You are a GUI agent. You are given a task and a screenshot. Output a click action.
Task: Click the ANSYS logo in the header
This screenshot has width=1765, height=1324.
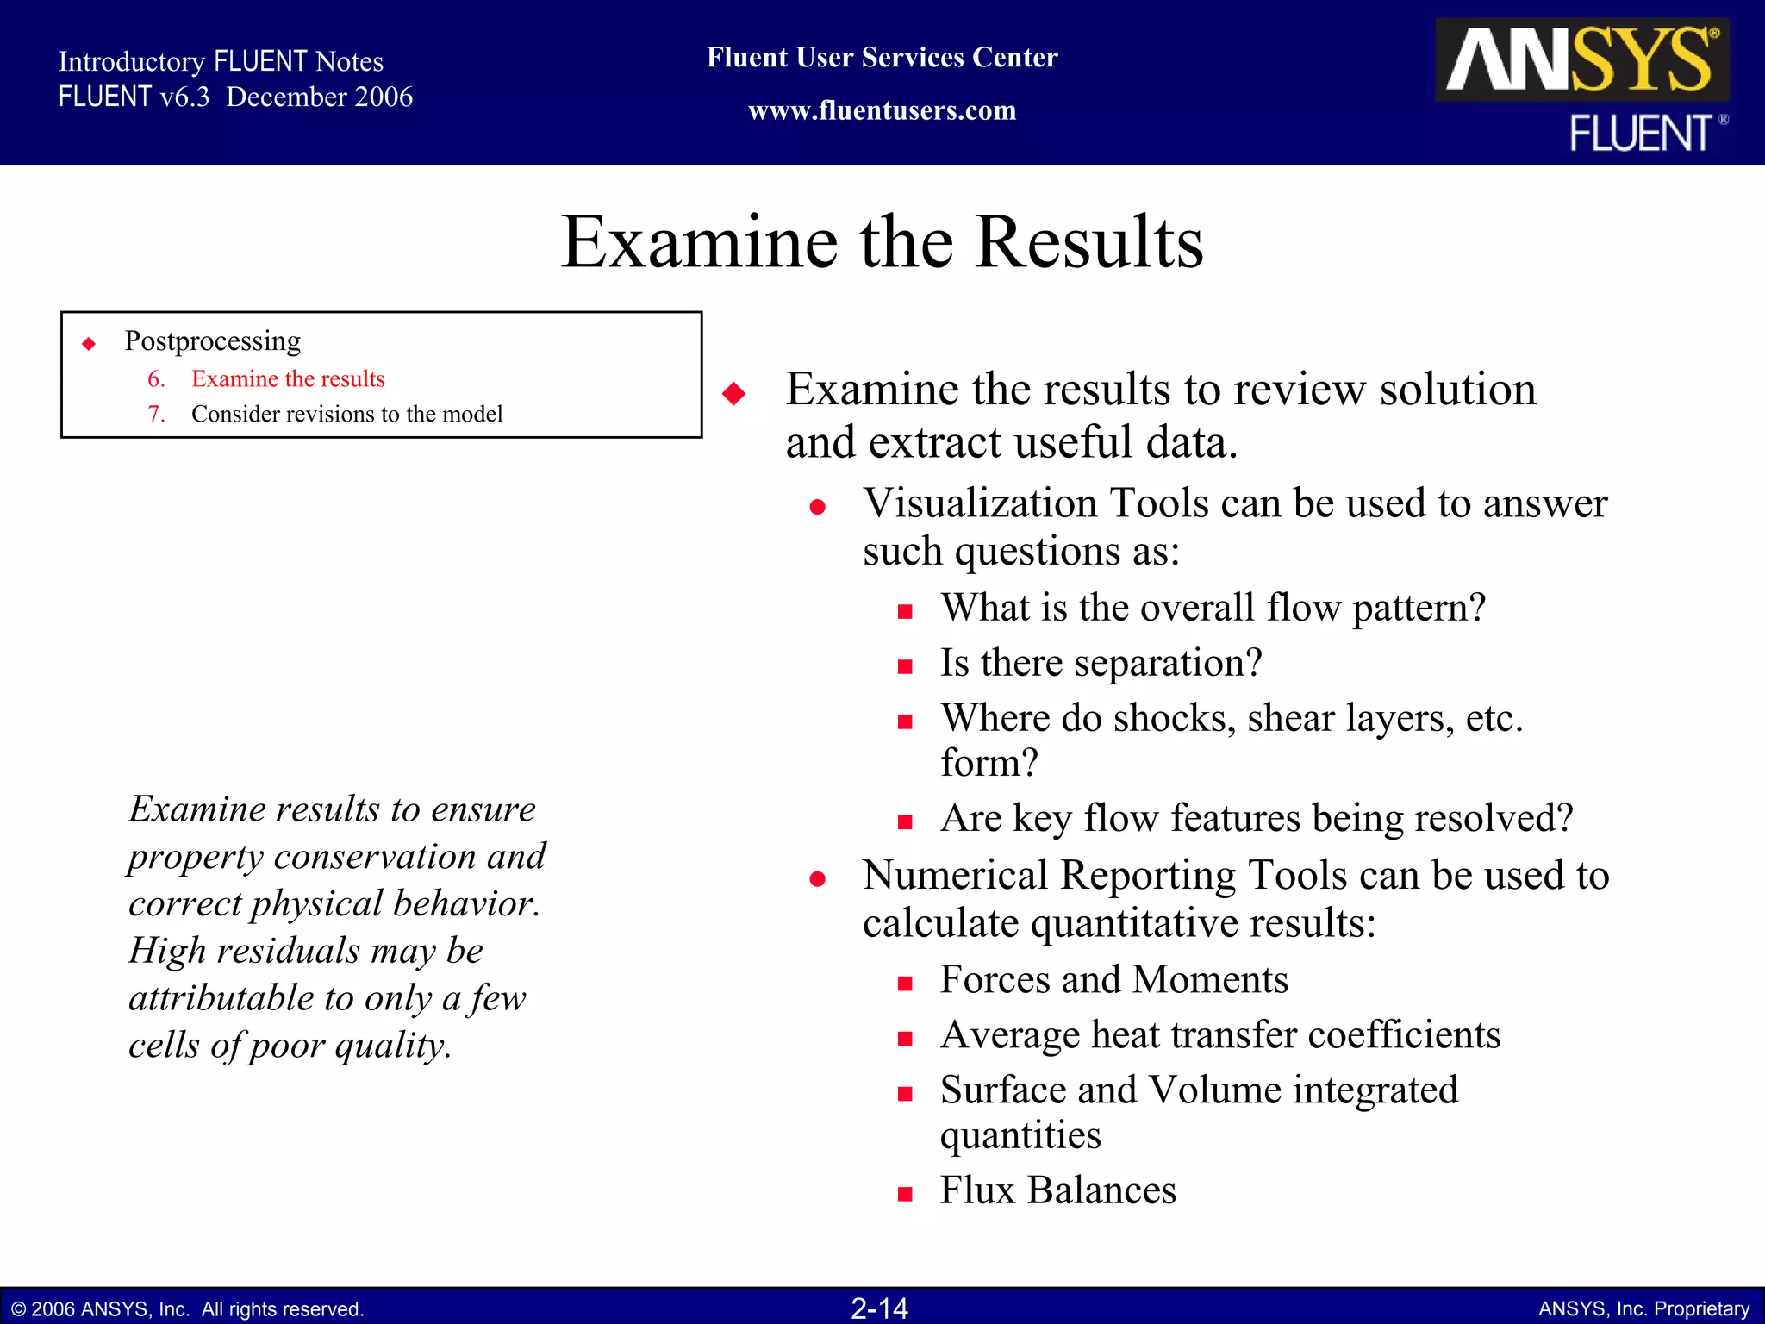coord(1581,59)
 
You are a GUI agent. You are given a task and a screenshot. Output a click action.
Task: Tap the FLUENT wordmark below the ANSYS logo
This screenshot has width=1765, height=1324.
coord(1640,134)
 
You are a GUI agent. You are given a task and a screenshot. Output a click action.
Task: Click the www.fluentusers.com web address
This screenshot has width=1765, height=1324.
coord(882,110)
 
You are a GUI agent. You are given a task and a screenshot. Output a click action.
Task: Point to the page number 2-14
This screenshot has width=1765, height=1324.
coord(879,1308)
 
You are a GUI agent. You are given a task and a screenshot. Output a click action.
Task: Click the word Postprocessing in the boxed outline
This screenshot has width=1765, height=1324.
coord(212,340)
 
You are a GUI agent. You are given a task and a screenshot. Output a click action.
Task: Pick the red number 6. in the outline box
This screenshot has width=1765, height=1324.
coord(156,378)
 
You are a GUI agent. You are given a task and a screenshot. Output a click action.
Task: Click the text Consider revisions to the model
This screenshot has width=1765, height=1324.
coord(346,414)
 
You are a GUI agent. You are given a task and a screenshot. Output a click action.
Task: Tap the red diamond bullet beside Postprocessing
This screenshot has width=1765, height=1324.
coord(89,344)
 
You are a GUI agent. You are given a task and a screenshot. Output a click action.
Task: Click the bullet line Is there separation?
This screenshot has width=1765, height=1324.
coord(1101,663)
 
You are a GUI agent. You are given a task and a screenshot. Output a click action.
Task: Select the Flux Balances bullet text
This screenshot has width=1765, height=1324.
coord(1057,1190)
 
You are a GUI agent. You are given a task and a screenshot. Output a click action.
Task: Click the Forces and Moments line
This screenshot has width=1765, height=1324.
coord(1113,980)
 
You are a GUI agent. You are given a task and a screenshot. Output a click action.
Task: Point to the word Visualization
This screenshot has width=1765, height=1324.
coord(981,503)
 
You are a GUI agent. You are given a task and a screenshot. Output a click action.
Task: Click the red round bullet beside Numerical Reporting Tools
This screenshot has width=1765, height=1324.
coord(817,879)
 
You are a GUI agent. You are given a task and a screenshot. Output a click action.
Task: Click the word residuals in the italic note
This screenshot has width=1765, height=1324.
coord(288,951)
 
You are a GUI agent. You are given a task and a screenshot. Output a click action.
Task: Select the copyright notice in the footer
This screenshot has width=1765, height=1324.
coord(188,1308)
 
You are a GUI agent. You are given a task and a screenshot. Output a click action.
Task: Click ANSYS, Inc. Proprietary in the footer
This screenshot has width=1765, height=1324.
coord(1643,1308)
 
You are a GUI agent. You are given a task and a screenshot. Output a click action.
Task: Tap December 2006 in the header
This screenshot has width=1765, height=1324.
coord(319,97)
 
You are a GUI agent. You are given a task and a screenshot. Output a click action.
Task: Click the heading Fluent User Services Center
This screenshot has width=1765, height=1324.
coord(882,57)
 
